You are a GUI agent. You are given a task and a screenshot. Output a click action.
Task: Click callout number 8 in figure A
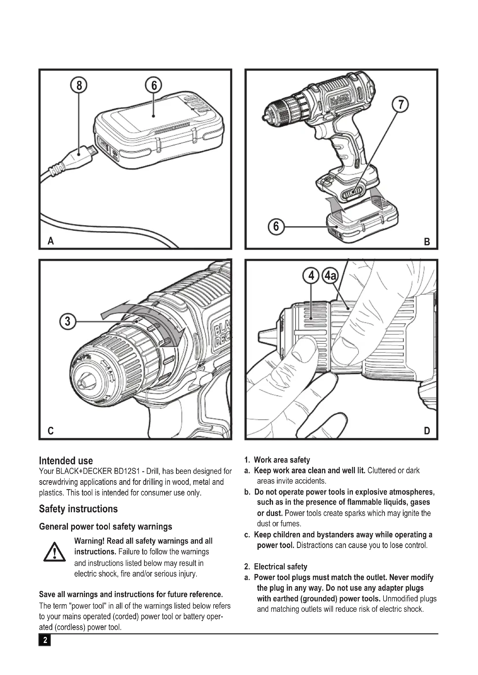tap(79, 85)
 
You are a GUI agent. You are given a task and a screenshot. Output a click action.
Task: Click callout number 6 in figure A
tap(154, 85)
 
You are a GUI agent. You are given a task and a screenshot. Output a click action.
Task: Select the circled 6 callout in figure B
tap(276, 227)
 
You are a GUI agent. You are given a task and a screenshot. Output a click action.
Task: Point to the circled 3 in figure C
tap(68, 321)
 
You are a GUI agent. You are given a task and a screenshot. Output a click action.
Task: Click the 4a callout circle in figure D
tap(331, 276)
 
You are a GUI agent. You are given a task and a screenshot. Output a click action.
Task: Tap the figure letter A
tap(51, 241)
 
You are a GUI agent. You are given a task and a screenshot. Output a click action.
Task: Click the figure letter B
tap(427, 242)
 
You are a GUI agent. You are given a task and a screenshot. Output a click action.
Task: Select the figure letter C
tap(51, 431)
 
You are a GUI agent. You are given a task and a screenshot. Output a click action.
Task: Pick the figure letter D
tap(427, 431)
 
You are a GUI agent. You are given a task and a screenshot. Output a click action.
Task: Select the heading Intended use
tap(66, 461)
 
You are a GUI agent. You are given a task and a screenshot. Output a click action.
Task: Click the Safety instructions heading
tap(78, 509)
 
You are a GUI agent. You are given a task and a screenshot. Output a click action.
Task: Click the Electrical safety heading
tap(280, 566)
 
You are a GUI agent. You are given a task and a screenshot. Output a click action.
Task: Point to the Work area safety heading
tap(282, 460)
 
